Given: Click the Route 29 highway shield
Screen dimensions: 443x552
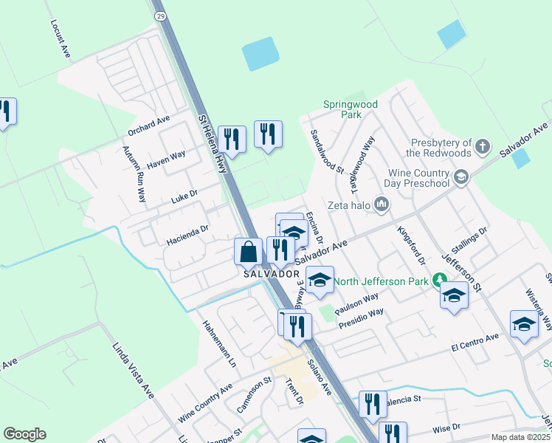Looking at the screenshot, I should point(160,15).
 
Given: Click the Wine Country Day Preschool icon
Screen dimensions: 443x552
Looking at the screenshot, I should point(461,176).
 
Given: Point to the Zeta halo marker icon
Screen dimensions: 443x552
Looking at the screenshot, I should point(382,203).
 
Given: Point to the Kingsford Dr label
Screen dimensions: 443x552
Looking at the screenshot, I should point(412,247).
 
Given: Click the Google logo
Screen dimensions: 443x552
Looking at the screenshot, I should point(25,434).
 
